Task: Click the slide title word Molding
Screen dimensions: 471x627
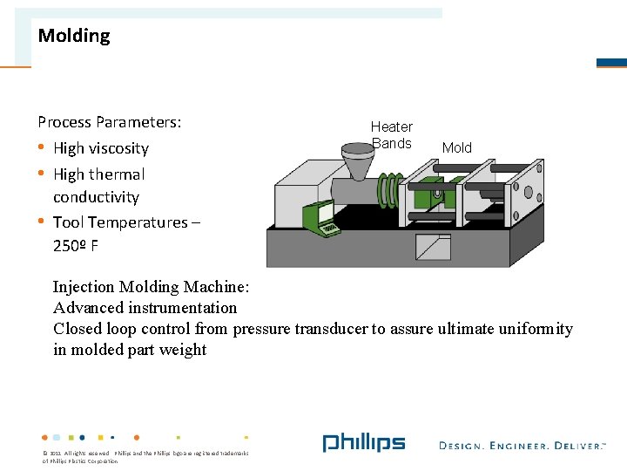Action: click(x=74, y=36)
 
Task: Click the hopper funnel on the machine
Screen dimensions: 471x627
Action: click(x=355, y=164)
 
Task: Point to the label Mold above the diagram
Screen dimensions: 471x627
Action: click(x=456, y=148)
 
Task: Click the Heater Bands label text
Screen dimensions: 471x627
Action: click(x=392, y=135)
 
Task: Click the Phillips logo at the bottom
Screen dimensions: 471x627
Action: click(x=364, y=443)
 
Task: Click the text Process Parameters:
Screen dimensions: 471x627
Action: click(x=110, y=122)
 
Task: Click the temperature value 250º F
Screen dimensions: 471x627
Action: click(x=76, y=246)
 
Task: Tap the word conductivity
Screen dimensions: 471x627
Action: click(x=96, y=197)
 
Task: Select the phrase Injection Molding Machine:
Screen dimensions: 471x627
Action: click(x=152, y=287)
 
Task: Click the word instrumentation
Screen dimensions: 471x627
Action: click(x=182, y=308)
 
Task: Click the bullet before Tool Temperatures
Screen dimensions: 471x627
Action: click(x=42, y=221)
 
